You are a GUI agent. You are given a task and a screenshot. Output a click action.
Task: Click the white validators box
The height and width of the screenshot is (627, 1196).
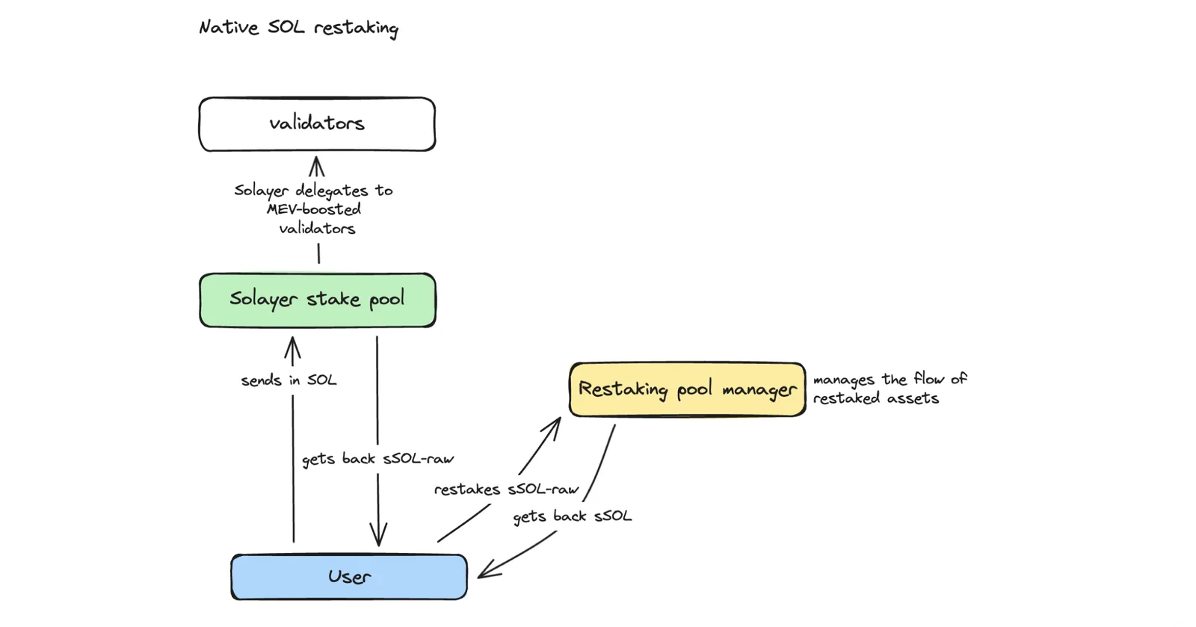(x=317, y=124)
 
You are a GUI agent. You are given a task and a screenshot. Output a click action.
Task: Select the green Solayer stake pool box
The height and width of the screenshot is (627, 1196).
(x=318, y=300)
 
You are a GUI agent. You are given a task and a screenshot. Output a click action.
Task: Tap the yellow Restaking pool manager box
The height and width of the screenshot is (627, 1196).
(x=688, y=389)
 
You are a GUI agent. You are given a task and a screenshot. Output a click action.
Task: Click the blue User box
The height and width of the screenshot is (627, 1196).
(x=349, y=577)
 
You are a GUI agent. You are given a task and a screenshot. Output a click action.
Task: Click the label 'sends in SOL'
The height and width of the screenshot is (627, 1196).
(x=289, y=380)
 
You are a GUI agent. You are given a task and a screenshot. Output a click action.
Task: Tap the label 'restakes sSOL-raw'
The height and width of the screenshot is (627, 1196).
(x=506, y=489)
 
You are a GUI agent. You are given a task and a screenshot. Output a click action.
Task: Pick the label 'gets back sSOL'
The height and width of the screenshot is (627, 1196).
(x=573, y=516)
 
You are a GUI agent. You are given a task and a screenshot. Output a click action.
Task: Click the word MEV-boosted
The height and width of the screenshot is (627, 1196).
(x=314, y=209)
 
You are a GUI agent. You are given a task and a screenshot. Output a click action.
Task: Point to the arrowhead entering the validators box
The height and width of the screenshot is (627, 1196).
(x=317, y=165)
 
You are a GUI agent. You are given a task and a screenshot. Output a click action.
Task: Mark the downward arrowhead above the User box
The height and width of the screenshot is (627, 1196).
(x=378, y=534)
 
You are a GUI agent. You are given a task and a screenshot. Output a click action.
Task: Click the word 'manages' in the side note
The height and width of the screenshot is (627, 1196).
(x=844, y=380)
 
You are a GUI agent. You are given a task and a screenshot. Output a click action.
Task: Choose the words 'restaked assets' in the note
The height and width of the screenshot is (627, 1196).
(x=876, y=398)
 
